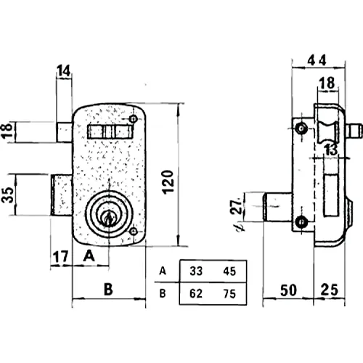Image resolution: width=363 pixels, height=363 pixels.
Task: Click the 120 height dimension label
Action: tap(168, 182)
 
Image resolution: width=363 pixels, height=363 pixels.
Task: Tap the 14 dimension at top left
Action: tap(63, 70)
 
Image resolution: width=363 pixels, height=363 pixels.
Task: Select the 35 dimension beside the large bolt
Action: tap(8, 195)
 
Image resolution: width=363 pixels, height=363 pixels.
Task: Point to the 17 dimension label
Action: tap(60, 257)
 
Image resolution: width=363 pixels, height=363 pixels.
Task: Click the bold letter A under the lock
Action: tap(89, 256)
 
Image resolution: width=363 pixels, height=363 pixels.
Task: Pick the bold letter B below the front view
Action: tap(108, 289)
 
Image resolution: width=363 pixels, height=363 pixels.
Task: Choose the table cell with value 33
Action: tap(196, 271)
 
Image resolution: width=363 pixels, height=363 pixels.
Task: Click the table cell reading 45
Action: tap(229, 272)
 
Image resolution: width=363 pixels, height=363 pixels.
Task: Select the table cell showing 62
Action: tap(196, 293)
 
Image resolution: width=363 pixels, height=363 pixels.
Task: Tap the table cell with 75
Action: tap(229, 294)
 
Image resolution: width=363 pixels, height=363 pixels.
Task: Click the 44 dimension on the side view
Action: tap(317, 60)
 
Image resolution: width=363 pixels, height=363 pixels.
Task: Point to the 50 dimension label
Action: tap(288, 290)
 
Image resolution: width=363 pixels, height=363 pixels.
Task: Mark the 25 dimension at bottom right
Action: tap(329, 290)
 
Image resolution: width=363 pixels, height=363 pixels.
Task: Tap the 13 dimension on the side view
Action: tap(331, 150)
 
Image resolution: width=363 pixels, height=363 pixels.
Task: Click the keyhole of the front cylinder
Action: tap(108, 218)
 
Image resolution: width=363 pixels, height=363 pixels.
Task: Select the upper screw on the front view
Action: tap(134, 119)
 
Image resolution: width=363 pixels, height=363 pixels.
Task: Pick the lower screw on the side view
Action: tap(301, 222)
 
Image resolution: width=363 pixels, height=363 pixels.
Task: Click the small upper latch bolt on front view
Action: tap(65, 132)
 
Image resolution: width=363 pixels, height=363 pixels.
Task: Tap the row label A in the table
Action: tap(163, 271)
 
